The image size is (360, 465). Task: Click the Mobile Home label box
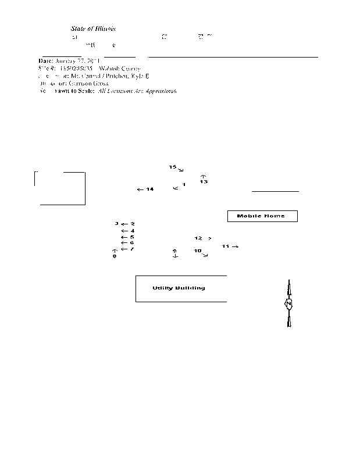coord(261,216)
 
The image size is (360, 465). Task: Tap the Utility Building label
coord(179,288)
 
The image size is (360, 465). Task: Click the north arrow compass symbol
coord(288,304)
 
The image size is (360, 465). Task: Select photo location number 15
coord(173,167)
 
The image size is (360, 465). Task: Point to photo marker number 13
coord(204,182)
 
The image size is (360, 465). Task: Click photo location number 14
coord(150,189)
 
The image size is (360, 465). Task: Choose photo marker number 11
coord(226,246)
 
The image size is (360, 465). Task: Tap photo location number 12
coord(198,238)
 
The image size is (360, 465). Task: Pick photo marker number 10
coord(198,251)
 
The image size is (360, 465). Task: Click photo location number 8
coord(115,256)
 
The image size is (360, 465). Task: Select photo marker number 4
coord(133,231)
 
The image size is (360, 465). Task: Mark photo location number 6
coord(133,243)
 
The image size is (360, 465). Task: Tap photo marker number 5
coord(133,237)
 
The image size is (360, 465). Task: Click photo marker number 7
coord(133,249)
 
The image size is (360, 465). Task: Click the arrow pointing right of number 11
coord(236,246)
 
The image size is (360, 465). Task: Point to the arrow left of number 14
coord(140,189)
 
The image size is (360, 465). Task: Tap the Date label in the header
coord(46,60)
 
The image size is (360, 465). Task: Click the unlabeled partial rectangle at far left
coord(60,188)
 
